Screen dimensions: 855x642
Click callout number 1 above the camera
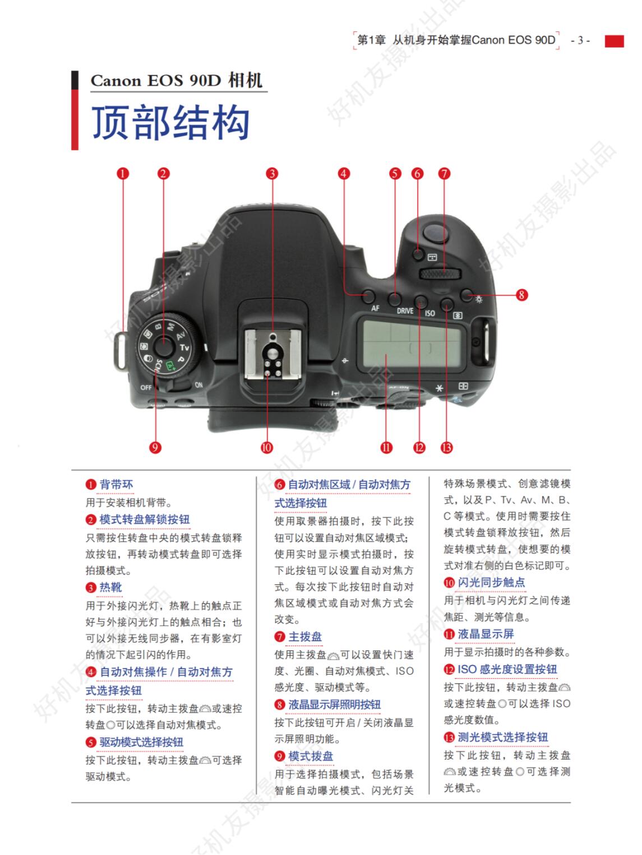pyautogui.click(x=123, y=174)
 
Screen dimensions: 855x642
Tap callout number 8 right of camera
pyautogui.click(x=522, y=294)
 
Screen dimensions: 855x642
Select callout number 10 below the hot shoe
pyautogui.click(x=267, y=447)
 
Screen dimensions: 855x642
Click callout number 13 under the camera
pyautogui.click(x=447, y=447)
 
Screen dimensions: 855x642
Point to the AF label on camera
pyautogui.click(x=375, y=309)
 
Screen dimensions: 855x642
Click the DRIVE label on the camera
pyautogui.click(x=405, y=310)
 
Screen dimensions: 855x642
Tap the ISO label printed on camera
pyautogui.click(x=429, y=313)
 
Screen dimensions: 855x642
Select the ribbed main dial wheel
pyautogui.click(x=441, y=273)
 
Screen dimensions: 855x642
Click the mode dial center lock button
pyautogui.click(x=164, y=343)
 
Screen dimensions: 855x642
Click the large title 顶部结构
pyautogui.click(x=170, y=123)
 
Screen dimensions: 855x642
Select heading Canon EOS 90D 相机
pyautogui.click(x=176, y=81)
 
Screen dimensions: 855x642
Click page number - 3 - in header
pyautogui.click(x=580, y=40)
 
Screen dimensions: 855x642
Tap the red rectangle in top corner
pyautogui.click(x=614, y=41)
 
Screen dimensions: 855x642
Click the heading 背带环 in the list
pyautogui.click(x=116, y=485)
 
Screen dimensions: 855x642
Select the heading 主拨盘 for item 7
pyautogui.click(x=305, y=637)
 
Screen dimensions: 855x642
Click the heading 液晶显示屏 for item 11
pyautogui.click(x=486, y=634)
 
